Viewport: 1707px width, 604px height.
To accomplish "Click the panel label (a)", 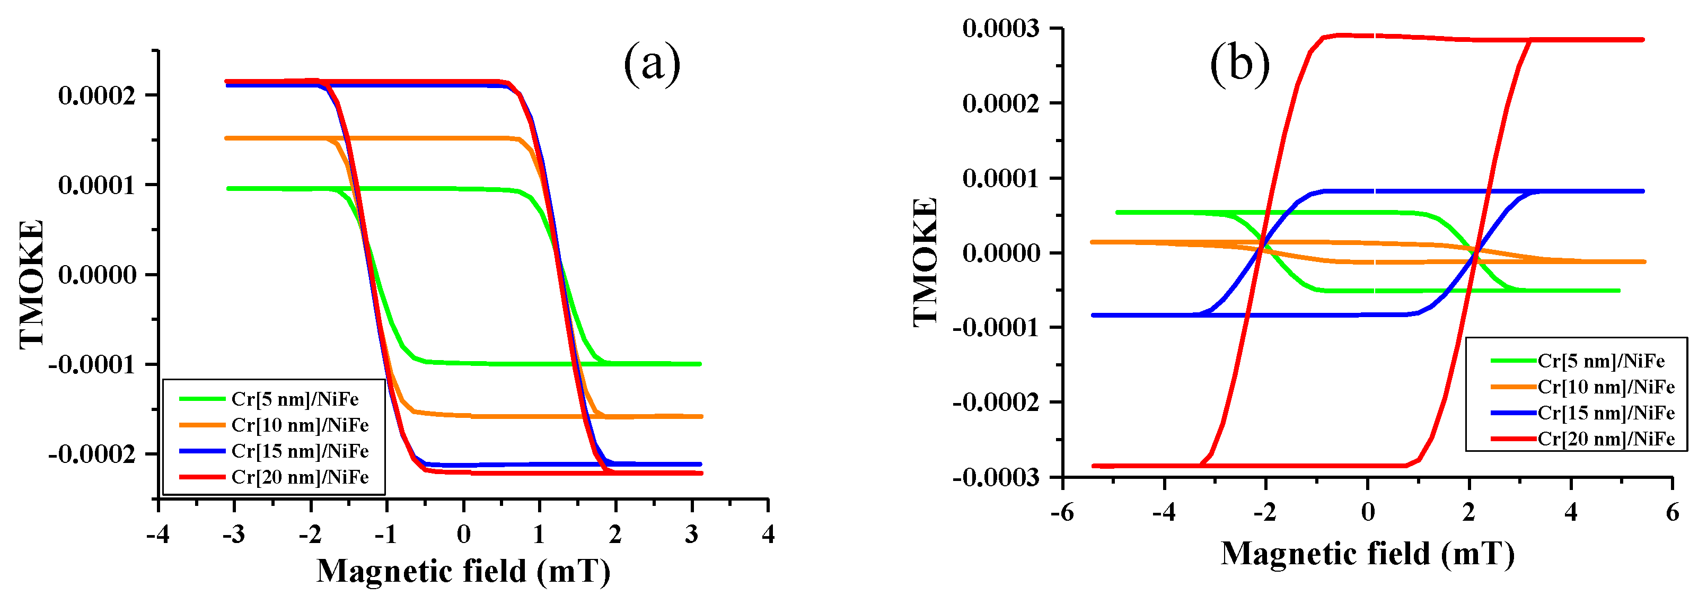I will tap(652, 64).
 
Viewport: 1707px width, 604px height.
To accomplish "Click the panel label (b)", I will tap(1239, 65).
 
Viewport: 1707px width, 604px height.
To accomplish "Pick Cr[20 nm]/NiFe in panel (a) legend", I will tap(300, 477).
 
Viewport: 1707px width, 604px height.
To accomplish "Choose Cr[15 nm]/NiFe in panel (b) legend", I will tap(1606, 413).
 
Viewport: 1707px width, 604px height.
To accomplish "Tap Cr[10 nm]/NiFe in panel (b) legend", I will tap(1606, 387).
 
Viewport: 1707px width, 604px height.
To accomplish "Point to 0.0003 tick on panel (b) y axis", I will tap(1001, 29).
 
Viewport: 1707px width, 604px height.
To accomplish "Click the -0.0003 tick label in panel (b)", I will tap(996, 477).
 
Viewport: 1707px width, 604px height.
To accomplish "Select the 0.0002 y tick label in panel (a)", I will tap(96, 95).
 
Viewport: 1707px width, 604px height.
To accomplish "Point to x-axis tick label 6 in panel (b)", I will tap(1672, 512).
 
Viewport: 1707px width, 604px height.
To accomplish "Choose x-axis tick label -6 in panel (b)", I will tap(1061, 512).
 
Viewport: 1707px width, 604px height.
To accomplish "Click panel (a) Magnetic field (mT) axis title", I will tap(463, 571).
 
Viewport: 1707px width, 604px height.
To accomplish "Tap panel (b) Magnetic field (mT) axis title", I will tap(1367, 554).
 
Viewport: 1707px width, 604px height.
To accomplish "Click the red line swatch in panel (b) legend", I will tap(1513, 439).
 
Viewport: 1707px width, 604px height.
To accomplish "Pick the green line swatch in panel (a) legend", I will tap(202, 399).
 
